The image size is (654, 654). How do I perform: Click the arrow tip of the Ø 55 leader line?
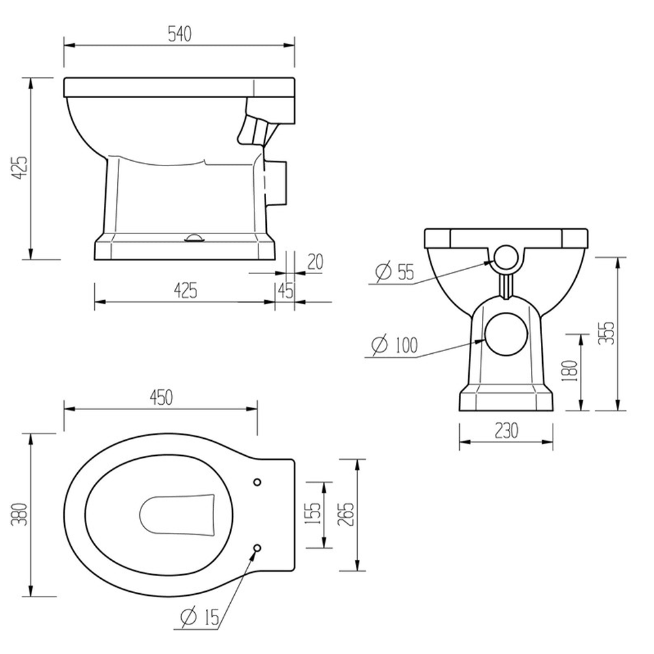494,262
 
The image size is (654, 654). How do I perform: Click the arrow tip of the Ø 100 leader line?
485,340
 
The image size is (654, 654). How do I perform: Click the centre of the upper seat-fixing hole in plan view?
257,482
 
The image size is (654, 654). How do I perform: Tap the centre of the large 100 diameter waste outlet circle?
507,334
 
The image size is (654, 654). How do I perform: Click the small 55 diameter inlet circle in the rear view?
506,258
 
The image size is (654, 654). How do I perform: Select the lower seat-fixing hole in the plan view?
257,547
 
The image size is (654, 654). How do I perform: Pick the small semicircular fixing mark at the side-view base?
194,238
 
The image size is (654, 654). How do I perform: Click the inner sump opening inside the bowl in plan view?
177,515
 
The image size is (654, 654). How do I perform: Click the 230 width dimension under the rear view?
506,431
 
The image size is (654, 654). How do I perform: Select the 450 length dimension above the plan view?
161,398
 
